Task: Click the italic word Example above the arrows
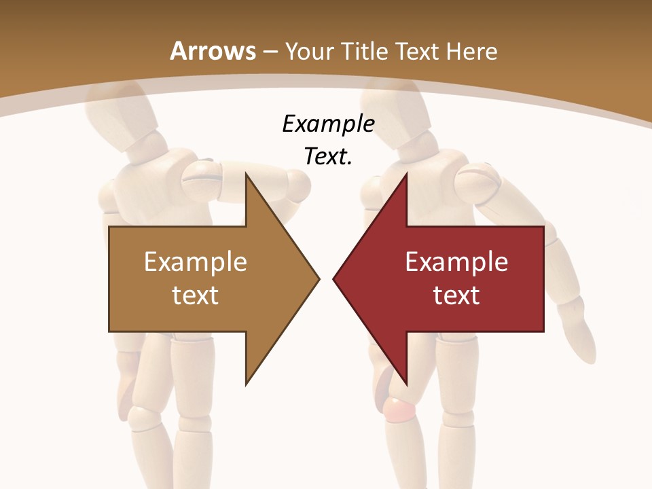click(x=328, y=124)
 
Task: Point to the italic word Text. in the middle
click(x=328, y=157)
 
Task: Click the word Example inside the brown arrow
click(x=196, y=262)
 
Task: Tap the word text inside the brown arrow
click(x=196, y=295)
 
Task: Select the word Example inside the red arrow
click(x=456, y=262)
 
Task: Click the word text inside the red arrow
click(x=456, y=295)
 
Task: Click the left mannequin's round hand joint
click(x=297, y=183)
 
